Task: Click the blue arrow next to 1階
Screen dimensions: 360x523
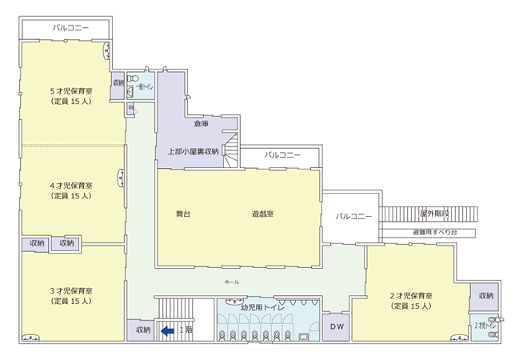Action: point(168,328)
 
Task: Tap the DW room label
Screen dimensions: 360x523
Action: point(336,328)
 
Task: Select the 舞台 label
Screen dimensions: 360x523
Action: point(183,214)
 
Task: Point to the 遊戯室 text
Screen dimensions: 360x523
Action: point(263,214)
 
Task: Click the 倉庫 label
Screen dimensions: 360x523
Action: point(201,124)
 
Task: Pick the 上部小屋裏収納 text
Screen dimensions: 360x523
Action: point(194,150)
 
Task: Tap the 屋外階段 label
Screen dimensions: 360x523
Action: point(434,214)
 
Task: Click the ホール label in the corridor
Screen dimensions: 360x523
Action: point(232,282)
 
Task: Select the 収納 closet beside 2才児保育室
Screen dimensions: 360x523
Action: point(486,296)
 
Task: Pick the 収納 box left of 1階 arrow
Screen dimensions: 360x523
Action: point(142,329)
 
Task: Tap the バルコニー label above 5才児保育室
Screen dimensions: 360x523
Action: point(70,27)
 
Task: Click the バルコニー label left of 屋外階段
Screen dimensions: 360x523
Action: point(353,216)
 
